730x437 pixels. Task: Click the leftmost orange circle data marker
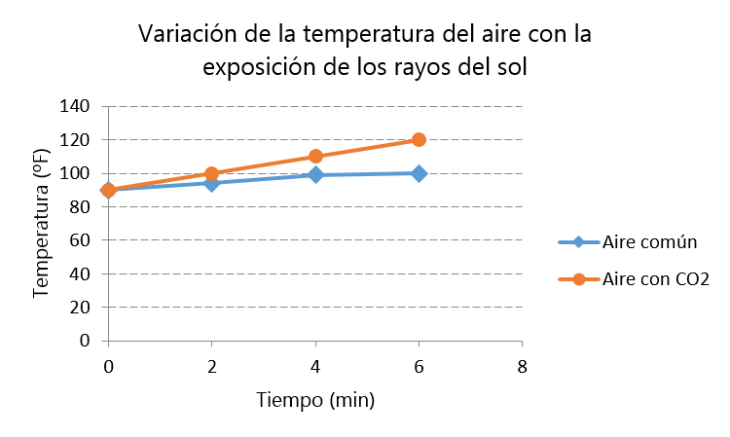[x=108, y=190]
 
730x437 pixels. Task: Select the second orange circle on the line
[x=211, y=173]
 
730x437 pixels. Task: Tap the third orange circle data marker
[x=315, y=156]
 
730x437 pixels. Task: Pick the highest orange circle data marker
[x=419, y=139]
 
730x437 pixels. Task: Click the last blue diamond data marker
[x=419, y=173]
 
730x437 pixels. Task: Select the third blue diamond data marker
[x=315, y=174]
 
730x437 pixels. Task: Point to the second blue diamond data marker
[x=211, y=182]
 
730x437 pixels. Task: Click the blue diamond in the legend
[x=578, y=241]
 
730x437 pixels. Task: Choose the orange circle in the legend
[x=579, y=279]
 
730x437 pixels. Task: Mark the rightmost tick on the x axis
[x=522, y=344]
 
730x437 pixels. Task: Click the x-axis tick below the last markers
[x=419, y=344]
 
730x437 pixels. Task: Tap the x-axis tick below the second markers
[x=211, y=344]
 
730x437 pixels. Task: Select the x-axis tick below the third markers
[x=315, y=344]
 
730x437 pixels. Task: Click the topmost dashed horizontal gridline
[x=311, y=106]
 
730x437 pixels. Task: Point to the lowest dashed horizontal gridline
[x=311, y=307]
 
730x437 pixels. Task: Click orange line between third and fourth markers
[x=367, y=148]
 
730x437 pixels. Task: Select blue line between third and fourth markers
[x=367, y=174]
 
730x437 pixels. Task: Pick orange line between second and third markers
[x=263, y=164]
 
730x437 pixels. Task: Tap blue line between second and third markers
[x=263, y=178]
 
